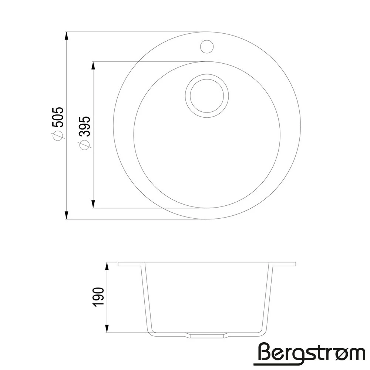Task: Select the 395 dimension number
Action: coord(85,126)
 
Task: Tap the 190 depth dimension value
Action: coord(99,297)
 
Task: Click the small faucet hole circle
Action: coord(207,46)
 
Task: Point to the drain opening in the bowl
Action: coord(207,95)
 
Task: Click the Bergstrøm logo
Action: coord(309,354)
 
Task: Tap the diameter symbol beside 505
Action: coord(58,135)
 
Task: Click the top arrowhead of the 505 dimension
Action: coord(67,37)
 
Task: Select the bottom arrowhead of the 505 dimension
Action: coord(67,214)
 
